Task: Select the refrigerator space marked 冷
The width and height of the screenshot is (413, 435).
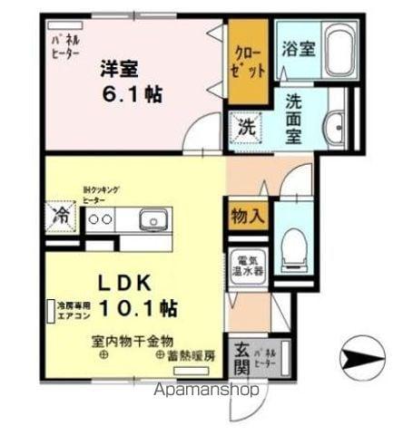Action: (63, 217)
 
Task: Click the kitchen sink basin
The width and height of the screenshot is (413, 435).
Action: (152, 219)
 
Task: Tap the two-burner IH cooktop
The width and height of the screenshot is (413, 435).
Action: (100, 219)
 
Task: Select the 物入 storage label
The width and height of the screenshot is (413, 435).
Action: (247, 217)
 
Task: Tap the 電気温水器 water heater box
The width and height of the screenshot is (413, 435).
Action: (247, 264)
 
